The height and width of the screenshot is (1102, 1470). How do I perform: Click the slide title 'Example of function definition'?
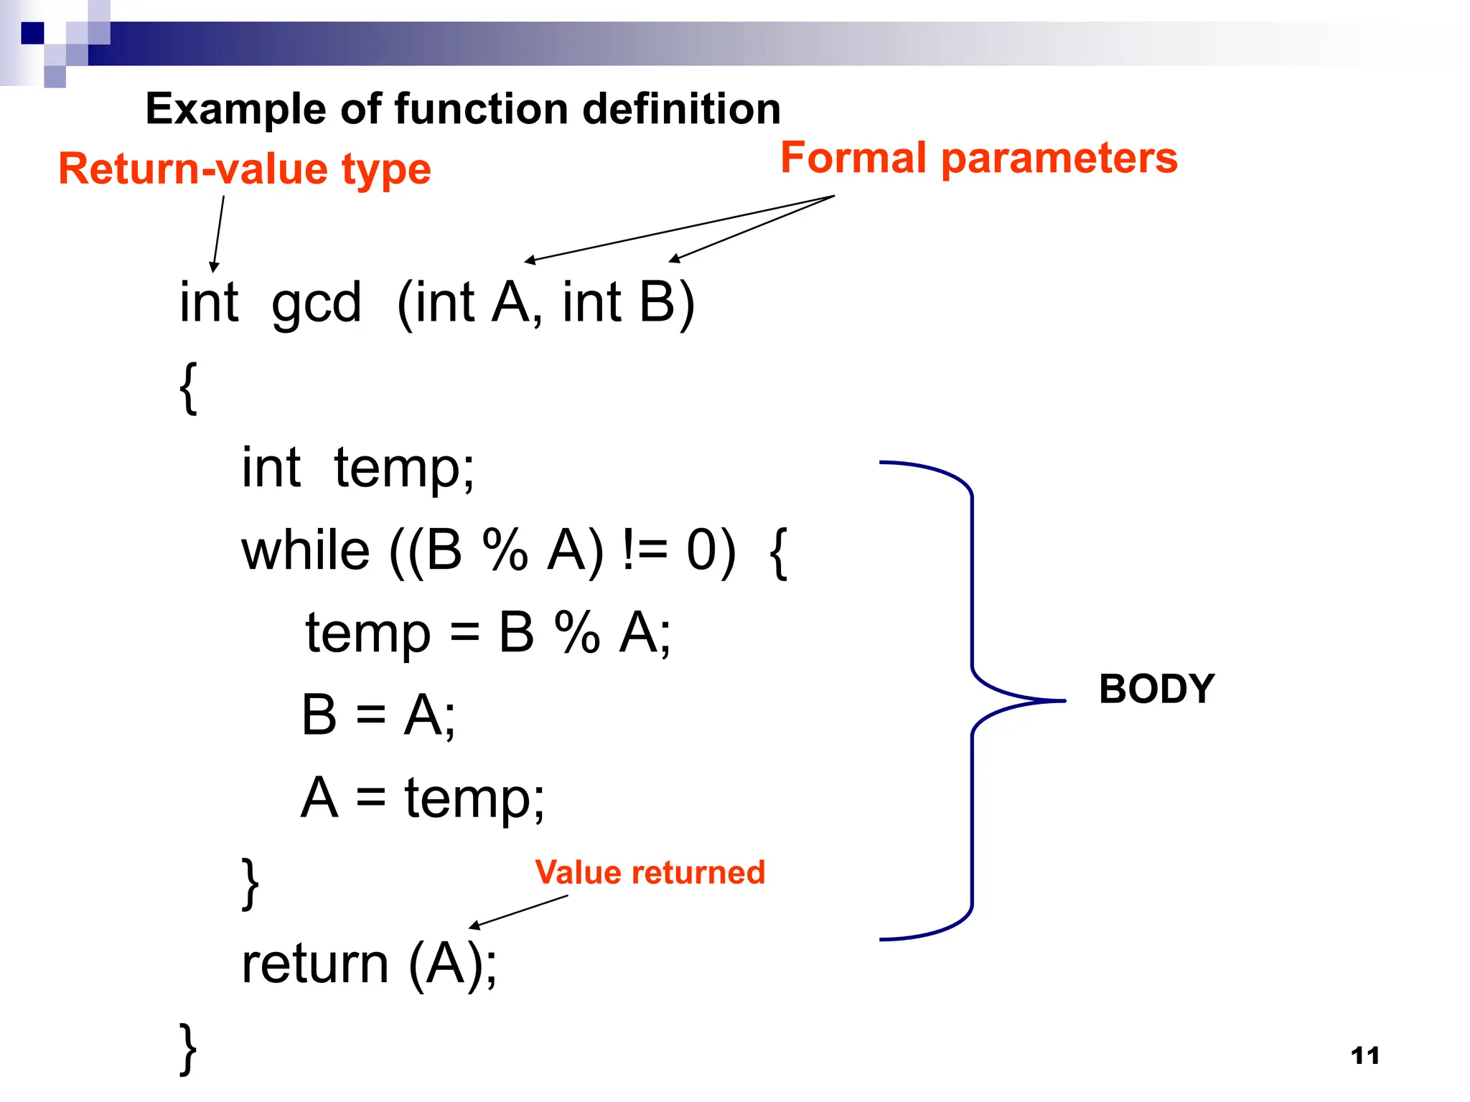click(463, 109)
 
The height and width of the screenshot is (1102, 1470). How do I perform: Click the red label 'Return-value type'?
click(244, 169)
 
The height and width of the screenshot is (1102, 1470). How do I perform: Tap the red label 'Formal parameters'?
click(978, 158)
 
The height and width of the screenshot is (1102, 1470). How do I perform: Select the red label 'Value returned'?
click(650, 872)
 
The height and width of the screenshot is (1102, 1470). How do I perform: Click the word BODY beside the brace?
click(1156, 689)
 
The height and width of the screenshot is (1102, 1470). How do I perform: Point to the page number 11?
click(1364, 1055)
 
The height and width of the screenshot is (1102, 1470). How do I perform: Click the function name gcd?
click(316, 303)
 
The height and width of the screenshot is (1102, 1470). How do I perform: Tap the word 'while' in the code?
click(306, 551)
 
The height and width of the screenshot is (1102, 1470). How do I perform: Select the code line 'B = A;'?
click(378, 715)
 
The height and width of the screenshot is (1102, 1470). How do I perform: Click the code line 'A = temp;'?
click(423, 798)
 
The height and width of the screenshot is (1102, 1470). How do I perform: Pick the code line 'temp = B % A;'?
click(488, 634)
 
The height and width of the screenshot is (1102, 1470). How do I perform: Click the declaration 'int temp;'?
click(357, 468)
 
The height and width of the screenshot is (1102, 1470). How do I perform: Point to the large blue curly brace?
click(973, 700)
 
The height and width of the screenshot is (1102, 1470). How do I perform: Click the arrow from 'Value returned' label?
click(518, 912)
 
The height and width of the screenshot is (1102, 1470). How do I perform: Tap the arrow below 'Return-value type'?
click(218, 233)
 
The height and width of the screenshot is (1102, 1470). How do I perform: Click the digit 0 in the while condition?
click(701, 551)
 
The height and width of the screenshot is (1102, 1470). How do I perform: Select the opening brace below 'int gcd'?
click(188, 388)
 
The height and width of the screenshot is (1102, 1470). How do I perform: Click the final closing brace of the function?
click(187, 1048)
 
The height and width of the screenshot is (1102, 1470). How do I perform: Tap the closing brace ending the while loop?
click(250, 884)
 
